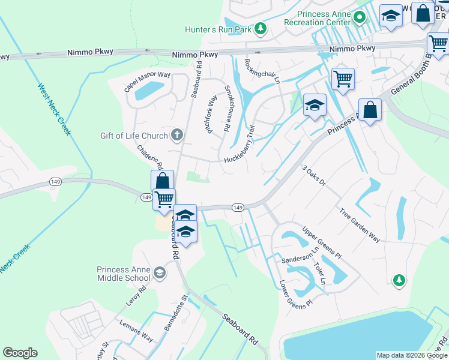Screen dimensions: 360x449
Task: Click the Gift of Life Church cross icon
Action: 176,134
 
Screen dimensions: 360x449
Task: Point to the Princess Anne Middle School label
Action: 124,274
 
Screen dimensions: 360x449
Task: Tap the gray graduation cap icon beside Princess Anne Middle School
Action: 160,274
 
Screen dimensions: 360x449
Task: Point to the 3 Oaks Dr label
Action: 313,175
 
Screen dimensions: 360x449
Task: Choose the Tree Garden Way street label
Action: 360,225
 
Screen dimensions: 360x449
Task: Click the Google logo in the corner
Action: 20,353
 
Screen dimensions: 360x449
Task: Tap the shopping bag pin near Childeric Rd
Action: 162,181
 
